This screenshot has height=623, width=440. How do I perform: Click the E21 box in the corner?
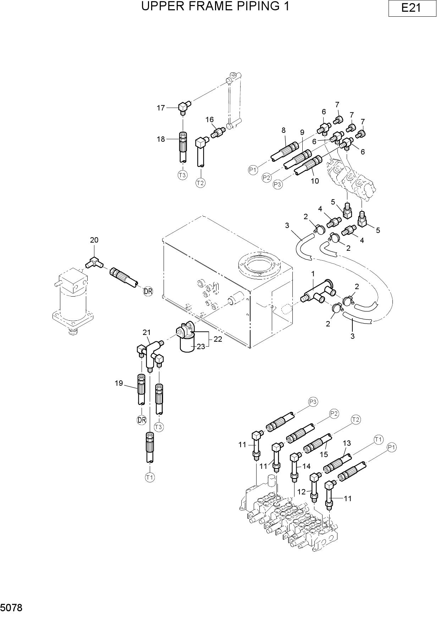412,8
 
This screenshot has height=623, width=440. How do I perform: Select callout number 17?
161,108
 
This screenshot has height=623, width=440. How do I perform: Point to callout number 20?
94,240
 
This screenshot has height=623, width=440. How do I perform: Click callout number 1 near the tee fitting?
313,274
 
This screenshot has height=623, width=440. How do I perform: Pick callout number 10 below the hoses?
315,181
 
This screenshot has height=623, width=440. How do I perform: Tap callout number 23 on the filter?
201,346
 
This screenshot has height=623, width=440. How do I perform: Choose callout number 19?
119,383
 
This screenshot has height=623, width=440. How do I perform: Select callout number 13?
347,443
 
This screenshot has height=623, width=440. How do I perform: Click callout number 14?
306,466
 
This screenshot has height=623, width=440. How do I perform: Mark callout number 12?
301,492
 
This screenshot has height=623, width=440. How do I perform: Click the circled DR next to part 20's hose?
148,292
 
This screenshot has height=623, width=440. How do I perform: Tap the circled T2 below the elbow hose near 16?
200,183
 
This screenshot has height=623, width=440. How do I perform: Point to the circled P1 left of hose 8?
253,170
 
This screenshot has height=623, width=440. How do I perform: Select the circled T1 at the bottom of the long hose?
150,478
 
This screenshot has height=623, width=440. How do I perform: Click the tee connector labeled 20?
94,262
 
